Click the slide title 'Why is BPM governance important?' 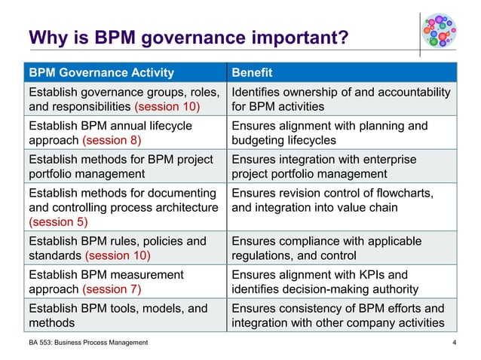188,37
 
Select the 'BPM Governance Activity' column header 101,73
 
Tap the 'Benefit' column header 252,73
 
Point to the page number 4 454,343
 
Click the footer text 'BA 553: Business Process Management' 88,343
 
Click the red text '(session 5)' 57,222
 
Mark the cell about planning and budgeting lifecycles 342,133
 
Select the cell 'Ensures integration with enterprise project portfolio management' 342,166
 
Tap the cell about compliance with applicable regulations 342,249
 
